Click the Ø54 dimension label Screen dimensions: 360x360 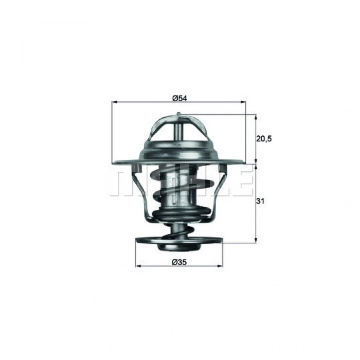tap(178, 98)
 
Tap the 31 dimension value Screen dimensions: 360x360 tap(260, 202)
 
